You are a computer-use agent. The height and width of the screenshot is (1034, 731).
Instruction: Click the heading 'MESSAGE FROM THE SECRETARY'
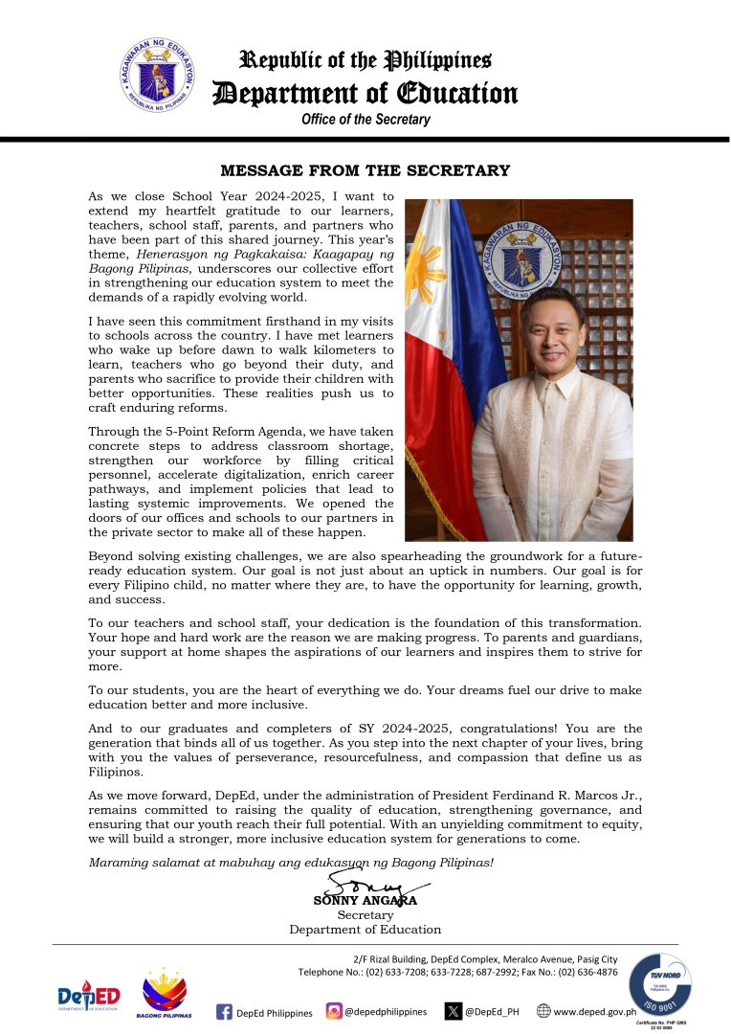tap(365, 171)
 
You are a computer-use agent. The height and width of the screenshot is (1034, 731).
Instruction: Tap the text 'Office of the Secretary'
tap(365, 120)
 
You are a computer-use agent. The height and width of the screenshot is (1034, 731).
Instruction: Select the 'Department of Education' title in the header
tap(365, 93)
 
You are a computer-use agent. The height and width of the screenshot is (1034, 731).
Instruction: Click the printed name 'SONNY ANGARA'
tap(365, 901)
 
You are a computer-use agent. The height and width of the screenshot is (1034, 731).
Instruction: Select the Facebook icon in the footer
tap(225, 1012)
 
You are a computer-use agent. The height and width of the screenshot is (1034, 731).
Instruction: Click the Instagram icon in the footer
tap(334, 1011)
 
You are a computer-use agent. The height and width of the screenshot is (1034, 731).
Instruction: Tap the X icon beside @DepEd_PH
tap(454, 1011)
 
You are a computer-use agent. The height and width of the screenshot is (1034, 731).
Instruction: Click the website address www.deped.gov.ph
tap(594, 1011)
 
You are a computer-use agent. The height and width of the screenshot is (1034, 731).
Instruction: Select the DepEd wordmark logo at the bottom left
tap(88, 999)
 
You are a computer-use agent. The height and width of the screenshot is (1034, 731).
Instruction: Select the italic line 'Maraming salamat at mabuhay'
tap(239, 862)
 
